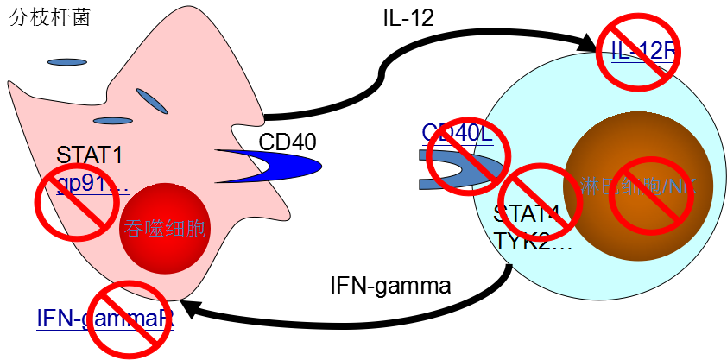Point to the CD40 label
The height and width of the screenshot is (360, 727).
click(288, 140)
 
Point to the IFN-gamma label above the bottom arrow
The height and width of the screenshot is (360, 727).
click(390, 285)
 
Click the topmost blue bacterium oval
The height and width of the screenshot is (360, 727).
click(66, 62)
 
